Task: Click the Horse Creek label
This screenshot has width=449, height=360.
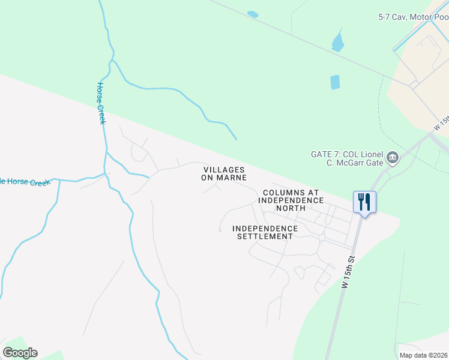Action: pyautogui.click(x=101, y=104)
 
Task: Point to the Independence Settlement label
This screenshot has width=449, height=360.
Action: pyautogui.click(x=265, y=232)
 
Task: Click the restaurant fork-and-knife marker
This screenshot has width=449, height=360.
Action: pyautogui.click(x=364, y=201)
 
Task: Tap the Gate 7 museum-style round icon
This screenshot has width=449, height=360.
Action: pyautogui.click(x=393, y=158)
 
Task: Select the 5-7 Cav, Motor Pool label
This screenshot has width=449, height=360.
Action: pyautogui.click(x=413, y=18)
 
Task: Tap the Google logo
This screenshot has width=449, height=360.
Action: pyautogui.click(x=20, y=353)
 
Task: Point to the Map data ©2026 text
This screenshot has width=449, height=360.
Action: pyautogui.click(x=423, y=355)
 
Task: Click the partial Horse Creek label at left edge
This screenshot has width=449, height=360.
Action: pyautogui.click(x=24, y=182)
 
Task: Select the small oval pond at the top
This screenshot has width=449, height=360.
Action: pyautogui.click(x=253, y=14)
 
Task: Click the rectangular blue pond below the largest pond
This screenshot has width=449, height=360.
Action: pyautogui.click(x=335, y=82)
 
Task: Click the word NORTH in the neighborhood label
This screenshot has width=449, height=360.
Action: pyautogui.click(x=291, y=208)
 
